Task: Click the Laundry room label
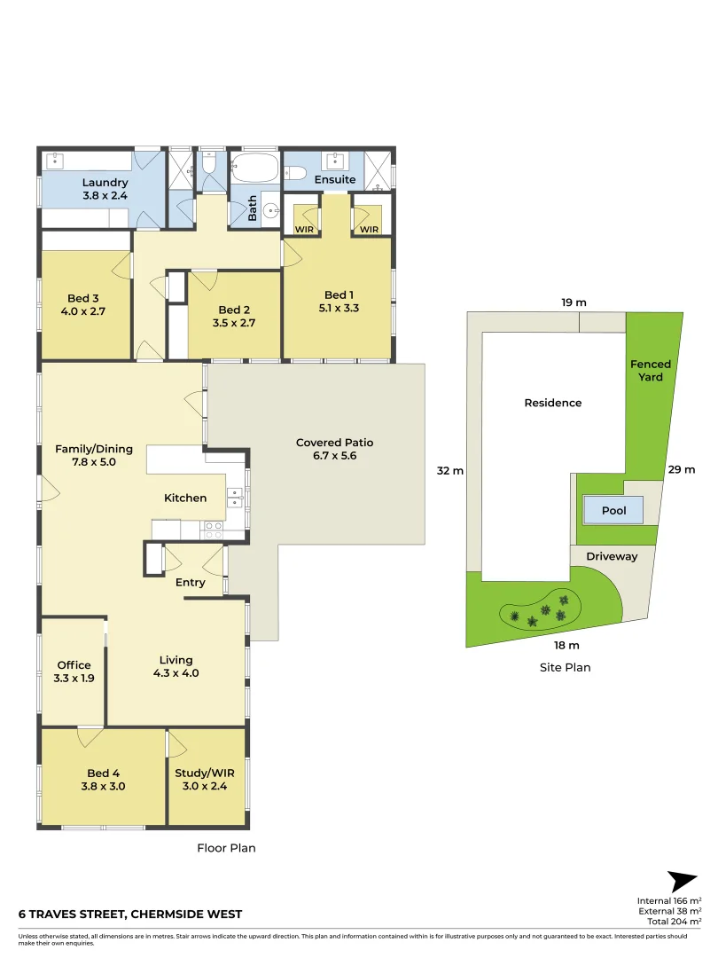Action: (x=105, y=183)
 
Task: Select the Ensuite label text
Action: (x=335, y=179)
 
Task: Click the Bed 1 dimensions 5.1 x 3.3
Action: (x=337, y=308)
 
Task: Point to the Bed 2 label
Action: (x=235, y=310)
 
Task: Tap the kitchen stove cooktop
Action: (x=214, y=530)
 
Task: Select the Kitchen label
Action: (x=185, y=499)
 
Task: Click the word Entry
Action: (x=191, y=583)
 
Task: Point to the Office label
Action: (x=74, y=665)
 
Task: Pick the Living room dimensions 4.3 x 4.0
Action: (x=176, y=673)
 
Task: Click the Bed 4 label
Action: (x=104, y=773)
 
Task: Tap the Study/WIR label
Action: (x=206, y=773)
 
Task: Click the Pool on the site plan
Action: (x=613, y=510)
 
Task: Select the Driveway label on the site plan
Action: (x=612, y=557)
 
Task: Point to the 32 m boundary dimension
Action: (x=450, y=471)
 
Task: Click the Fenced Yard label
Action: (x=651, y=371)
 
